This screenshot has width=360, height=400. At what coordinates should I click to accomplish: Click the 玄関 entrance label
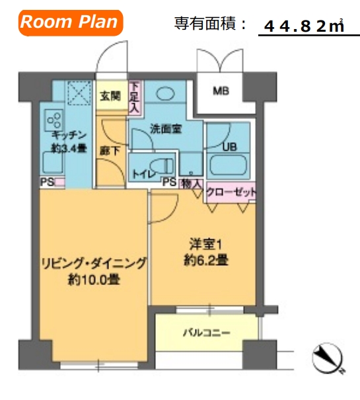point(110,96)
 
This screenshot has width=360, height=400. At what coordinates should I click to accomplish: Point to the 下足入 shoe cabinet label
point(135,96)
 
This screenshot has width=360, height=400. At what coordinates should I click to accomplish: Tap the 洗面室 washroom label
point(166,129)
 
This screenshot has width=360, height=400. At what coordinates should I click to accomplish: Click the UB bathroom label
point(230,147)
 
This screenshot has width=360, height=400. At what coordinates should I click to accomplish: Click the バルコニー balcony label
point(206,332)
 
